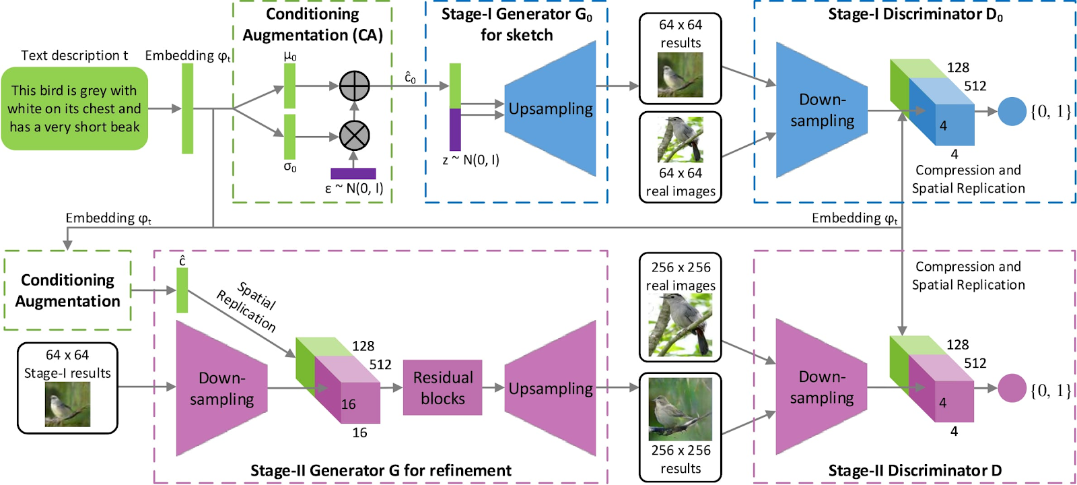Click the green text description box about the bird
[x=75, y=108]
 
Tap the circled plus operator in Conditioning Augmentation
[x=354, y=86]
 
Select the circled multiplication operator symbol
[x=354, y=136]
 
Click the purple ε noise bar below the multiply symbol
[x=353, y=174]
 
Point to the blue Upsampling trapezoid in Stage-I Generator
[x=550, y=108]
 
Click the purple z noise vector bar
[x=455, y=129]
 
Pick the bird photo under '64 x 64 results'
[x=681, y=75]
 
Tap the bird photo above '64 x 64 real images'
[x=681, y=139]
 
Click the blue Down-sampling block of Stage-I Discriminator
[x=822, y=110]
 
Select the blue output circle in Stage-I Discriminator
[x=1012, y=111]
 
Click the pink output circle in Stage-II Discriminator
[x=1012, y=388]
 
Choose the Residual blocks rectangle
[x=442, y=387]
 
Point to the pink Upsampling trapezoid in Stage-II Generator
[x=550, y=388]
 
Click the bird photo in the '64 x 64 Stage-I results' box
[x=67, y=404]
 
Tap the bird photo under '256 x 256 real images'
[x=681, y=325]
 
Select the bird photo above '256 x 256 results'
[x=681, y=409]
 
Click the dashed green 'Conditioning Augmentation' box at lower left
[x=67, y=290]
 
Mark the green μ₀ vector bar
[x=289, y=86]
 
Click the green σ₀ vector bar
[x=289, y=137]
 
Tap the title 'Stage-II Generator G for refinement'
[x=381, y=470]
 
